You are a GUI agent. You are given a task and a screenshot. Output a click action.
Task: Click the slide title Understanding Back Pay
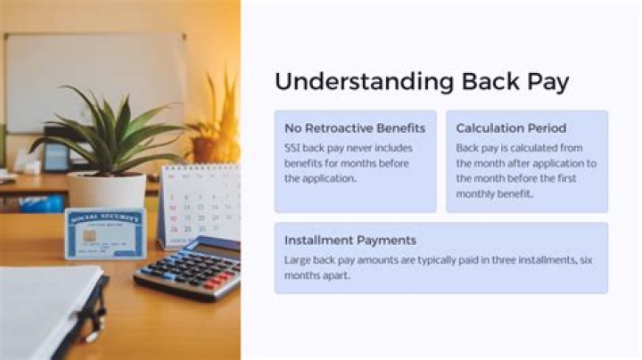(x=422, y=81)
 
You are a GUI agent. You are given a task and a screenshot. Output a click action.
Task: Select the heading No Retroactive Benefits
(x=355, y=128)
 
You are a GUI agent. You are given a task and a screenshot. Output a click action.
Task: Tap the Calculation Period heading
(x=511, y=128)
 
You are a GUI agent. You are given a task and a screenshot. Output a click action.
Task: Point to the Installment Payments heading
(x=350, y=241)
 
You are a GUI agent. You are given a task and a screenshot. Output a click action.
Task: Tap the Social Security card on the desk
(x=105, y=233)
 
